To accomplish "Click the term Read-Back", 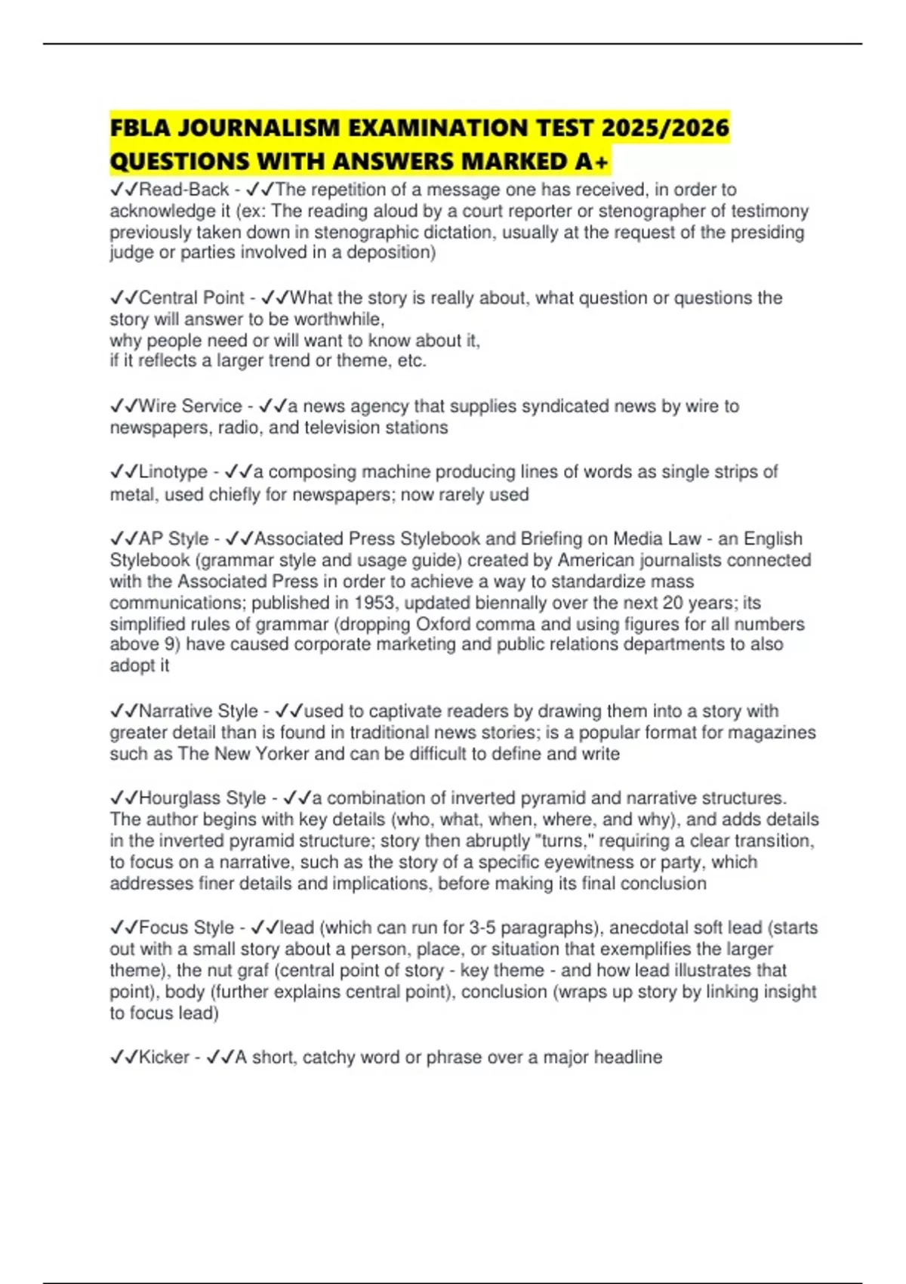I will [x=183, y=190].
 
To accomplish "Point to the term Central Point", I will [x=192, y=298].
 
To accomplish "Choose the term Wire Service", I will [x=190, y=406].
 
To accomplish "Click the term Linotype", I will [x=173, y=472].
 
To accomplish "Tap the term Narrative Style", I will [x=199, y=711].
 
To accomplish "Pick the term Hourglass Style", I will [x=202, y=798].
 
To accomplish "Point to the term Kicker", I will [x=164, y=1057].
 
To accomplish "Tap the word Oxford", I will [x=444, y=624].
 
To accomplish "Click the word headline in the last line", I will [x=628, y=1057].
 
